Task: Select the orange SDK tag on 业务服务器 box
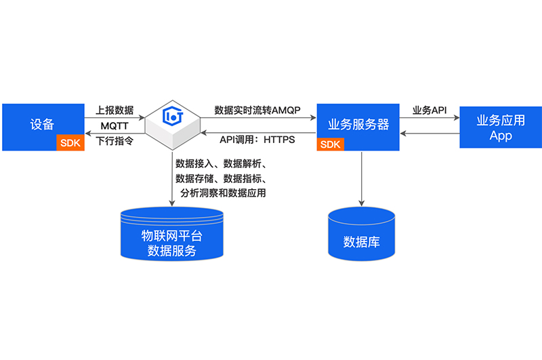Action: click(329, 144)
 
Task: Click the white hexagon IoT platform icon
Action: click(173, 122)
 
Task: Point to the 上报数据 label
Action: click(114, 110)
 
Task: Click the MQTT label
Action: click(114, 127)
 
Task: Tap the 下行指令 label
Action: click(114, 142)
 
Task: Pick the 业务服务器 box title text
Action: click(358, 125)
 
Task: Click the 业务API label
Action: click(430, 110)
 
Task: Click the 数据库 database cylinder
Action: click(361, 234)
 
